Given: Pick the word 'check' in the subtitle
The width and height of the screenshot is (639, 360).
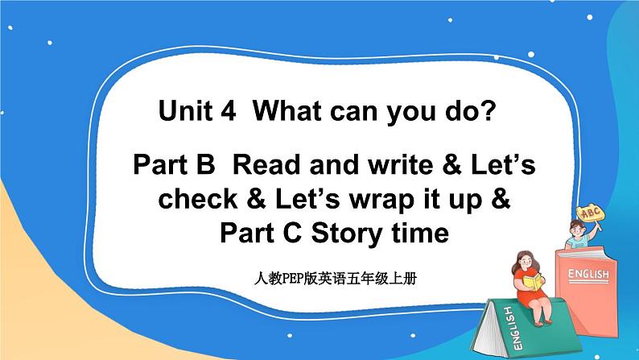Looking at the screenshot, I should point(196,201).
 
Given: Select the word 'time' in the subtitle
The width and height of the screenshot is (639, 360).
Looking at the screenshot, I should point(419,234).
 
